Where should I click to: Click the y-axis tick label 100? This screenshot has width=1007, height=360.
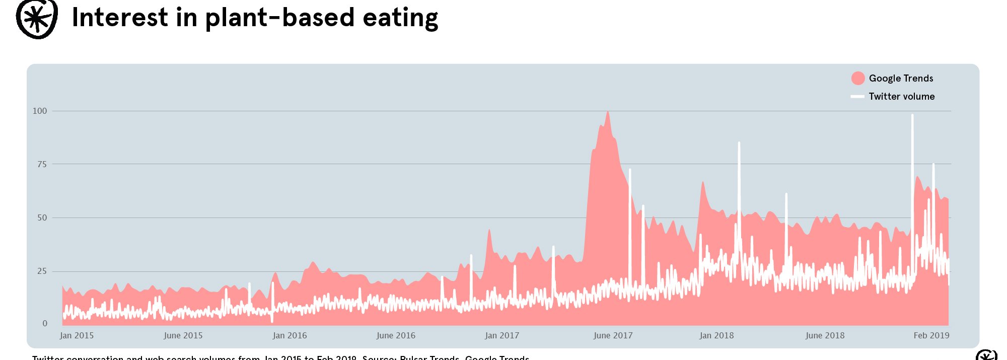coord(40,111)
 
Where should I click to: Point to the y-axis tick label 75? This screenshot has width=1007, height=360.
coord(42,164)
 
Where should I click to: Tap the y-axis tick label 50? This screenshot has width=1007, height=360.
coord(42,218)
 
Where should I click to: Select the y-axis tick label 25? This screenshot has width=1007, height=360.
coord(42,271)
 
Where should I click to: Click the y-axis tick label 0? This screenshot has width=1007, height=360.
coord(45,323)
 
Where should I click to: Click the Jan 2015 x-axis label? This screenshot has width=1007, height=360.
coord(77,335)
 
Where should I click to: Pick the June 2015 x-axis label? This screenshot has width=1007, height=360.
coord(183,335)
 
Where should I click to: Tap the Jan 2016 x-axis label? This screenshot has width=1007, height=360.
coord(290,335)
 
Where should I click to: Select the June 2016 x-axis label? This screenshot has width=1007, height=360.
coord(396,335)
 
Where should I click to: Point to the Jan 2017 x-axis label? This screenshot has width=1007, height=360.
coord(502,335)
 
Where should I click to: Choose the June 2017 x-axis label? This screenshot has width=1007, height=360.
coord(613,335)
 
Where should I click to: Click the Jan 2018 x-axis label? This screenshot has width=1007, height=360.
coord(716,335)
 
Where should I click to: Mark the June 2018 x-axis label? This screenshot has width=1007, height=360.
coord(825,335)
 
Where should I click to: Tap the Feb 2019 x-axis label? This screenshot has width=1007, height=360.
coord(931,335)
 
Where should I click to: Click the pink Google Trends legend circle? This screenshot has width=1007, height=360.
coord(858,78)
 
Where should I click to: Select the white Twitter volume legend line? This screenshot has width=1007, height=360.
coord(857,96)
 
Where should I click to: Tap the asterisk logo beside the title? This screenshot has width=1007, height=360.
coord(37,19)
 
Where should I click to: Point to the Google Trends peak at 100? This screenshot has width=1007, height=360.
coord(608,112)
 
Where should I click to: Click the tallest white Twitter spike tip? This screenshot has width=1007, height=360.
coord(912,116)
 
